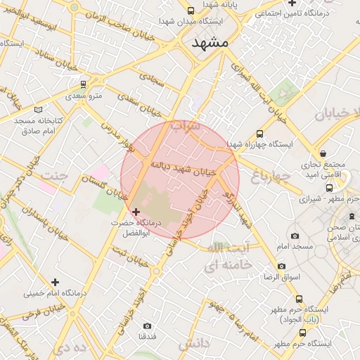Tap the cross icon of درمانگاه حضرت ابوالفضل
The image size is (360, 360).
[136, 211]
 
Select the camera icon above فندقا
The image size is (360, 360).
[147, 326]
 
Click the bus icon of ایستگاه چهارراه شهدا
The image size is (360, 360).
[259, 134]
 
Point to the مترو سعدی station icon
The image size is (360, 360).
[84, 84]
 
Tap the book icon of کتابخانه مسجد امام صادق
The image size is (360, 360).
[38, 110]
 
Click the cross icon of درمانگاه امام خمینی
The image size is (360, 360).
[55, 282]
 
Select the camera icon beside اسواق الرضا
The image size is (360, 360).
[281, 266]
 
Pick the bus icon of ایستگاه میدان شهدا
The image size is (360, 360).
[191, 11]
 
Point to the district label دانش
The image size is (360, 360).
[194, 345]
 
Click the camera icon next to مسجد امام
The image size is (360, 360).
[295, 236]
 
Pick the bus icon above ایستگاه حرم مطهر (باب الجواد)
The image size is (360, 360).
[300, 298]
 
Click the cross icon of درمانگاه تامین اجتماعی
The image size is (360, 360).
[292, 4]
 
